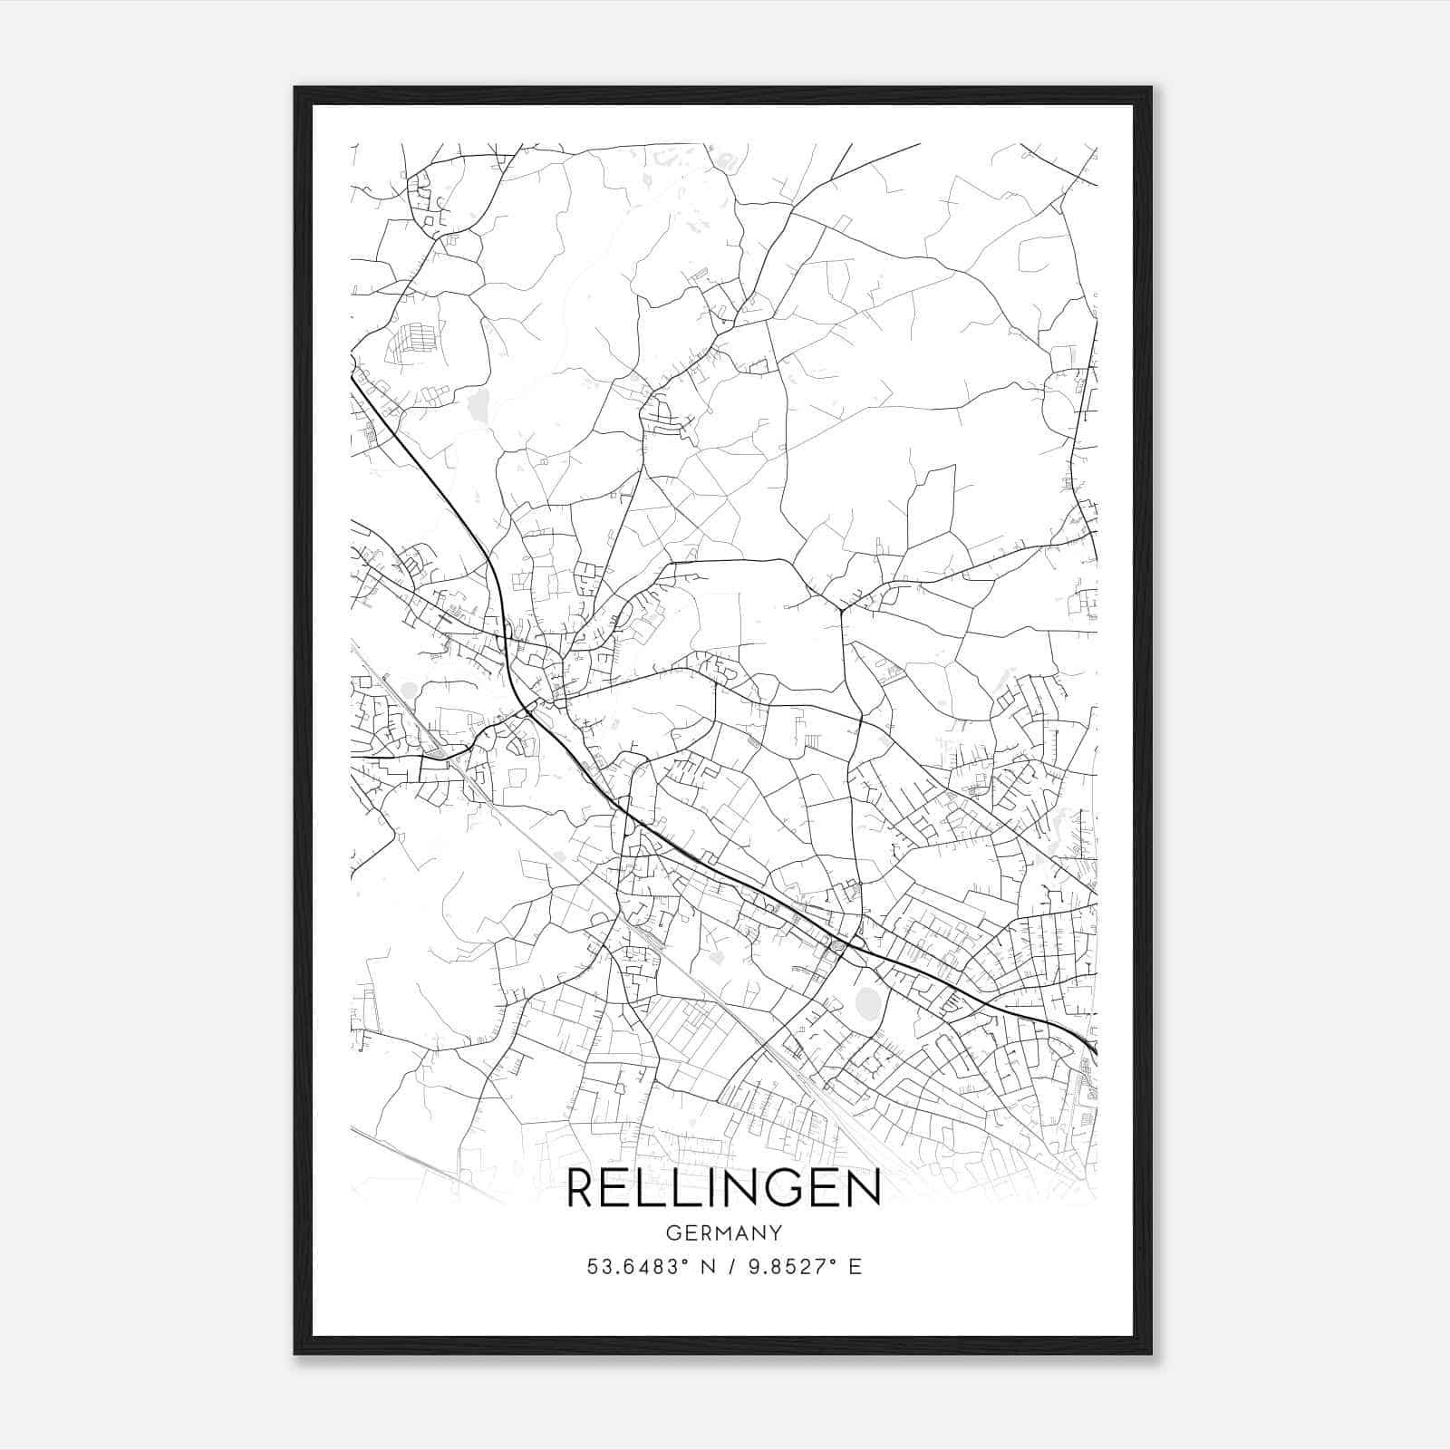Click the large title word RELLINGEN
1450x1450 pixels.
tap(723, 1189)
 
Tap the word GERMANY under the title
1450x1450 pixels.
tap(723, 1233)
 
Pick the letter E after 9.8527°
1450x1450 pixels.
tap(855, 1267)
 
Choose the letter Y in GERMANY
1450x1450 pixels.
tap(776, 1233)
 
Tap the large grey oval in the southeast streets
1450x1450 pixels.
tap(867, 1003)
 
